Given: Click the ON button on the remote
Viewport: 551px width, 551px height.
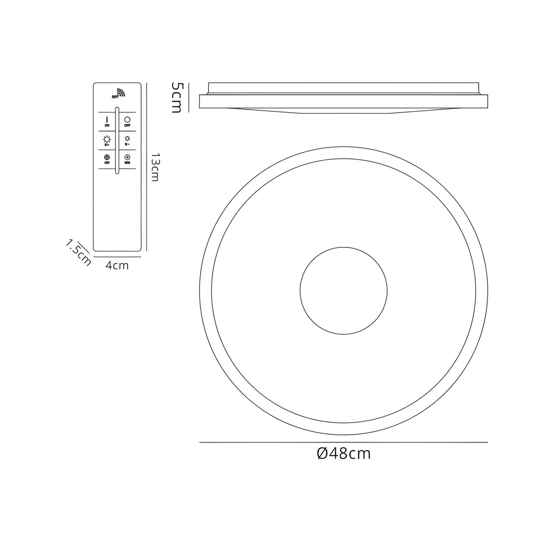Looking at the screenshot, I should (107, 121).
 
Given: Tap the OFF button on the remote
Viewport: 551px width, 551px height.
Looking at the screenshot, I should (128, 121).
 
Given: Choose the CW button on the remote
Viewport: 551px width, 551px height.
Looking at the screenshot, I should (107, 158).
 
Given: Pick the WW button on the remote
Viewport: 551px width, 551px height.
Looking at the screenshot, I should (128, 158).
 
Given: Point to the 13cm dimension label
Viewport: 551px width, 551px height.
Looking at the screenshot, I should (154, 167).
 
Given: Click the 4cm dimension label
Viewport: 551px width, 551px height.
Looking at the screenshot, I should (117, 266).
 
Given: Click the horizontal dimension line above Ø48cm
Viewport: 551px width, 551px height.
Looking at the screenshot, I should (344, 442).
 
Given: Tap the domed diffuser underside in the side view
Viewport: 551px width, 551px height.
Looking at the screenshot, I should (344, 111).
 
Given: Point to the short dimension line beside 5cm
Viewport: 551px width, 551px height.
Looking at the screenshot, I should (188, 96).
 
